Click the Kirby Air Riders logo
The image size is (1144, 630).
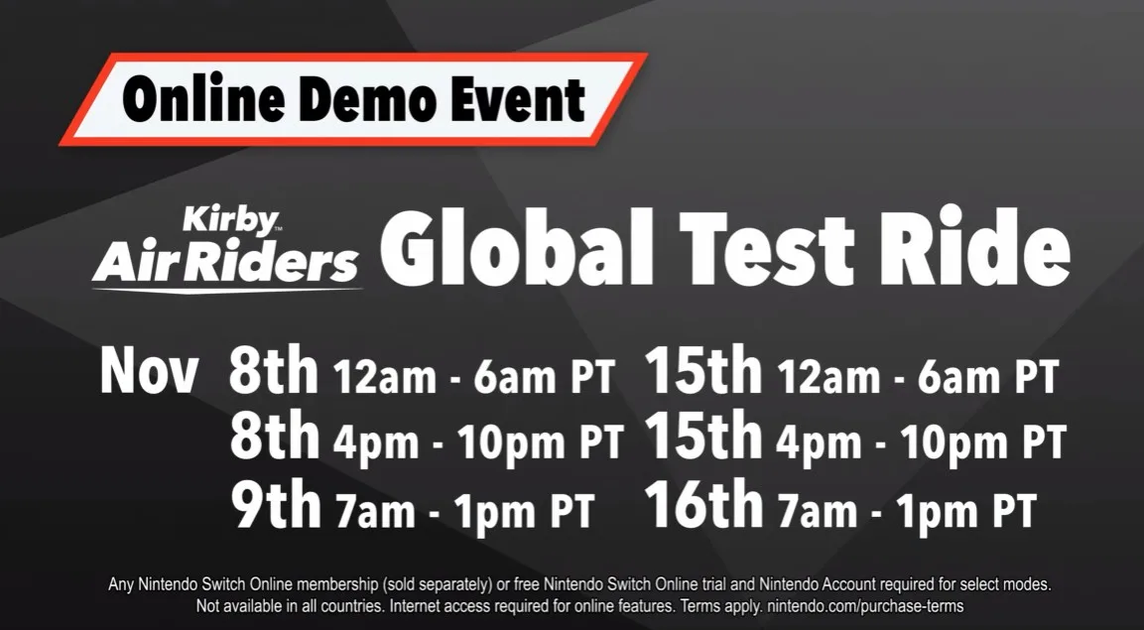226,247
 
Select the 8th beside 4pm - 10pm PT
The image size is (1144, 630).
274,440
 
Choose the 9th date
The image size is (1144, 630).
276,506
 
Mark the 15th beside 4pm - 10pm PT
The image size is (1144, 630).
702,440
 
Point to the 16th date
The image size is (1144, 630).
702,506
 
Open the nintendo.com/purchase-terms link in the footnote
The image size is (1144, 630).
865,605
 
